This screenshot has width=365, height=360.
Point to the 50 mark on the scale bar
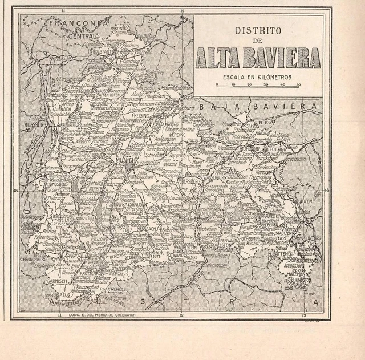tap(299, 85)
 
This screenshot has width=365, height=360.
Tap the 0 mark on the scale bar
tap(217, 85)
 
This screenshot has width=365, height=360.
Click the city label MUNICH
tap(127, 161)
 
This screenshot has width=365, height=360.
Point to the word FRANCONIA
tap(79, 24)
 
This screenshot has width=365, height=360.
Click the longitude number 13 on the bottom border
tap(303, 315)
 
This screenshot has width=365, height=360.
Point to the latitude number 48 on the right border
tap(327, 191)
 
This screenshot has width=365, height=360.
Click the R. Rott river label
tap(267, 122)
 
